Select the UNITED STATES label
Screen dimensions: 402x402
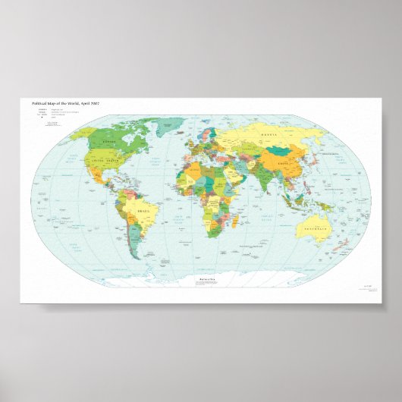pyautogui.click(x=105, y=161)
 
